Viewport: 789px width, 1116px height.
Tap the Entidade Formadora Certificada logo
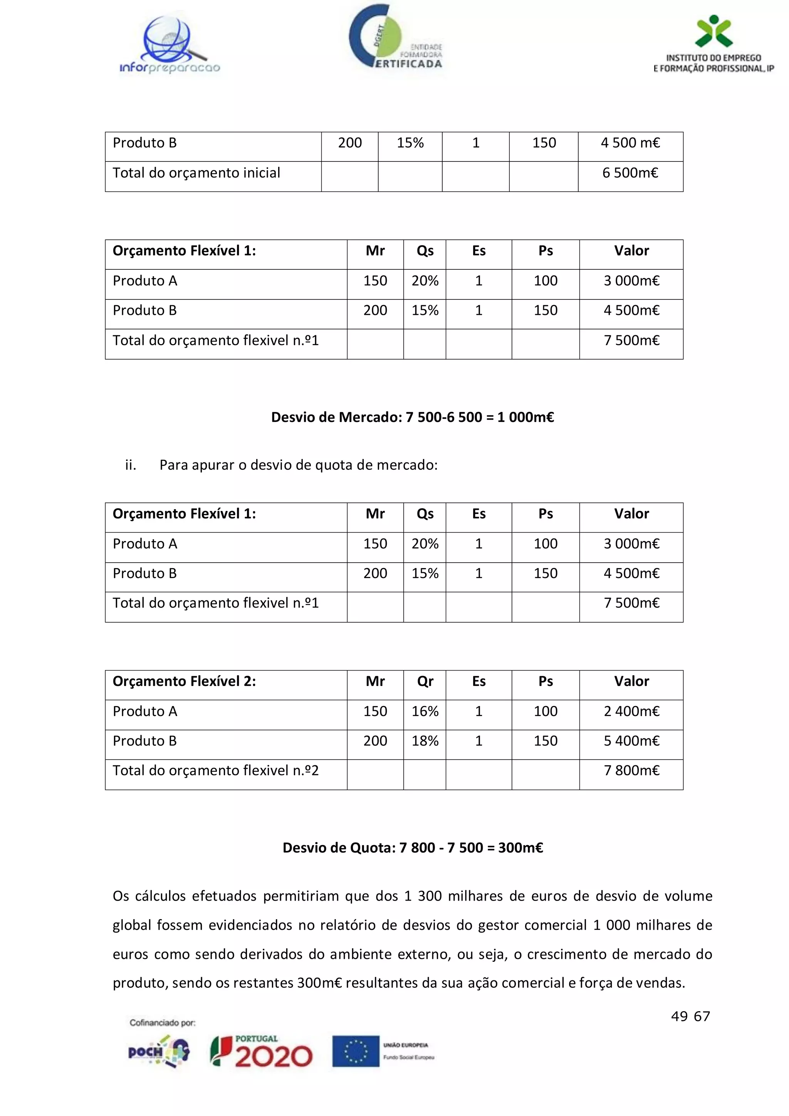pos(394,38)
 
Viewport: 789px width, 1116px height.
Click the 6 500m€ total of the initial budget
pos(630,173)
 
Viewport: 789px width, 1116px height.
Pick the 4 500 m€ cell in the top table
pos(630,143)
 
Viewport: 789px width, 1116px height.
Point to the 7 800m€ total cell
pos(631,770)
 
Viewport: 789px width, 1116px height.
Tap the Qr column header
pos(425,681)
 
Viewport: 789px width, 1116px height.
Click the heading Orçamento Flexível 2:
pos(184,681)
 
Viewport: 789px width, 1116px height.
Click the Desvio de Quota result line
pos(413,848)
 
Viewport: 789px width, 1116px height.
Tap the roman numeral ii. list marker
pos(130,465)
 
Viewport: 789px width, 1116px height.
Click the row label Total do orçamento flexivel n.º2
pos(215,770)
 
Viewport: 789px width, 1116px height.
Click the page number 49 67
pos(690,1016)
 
